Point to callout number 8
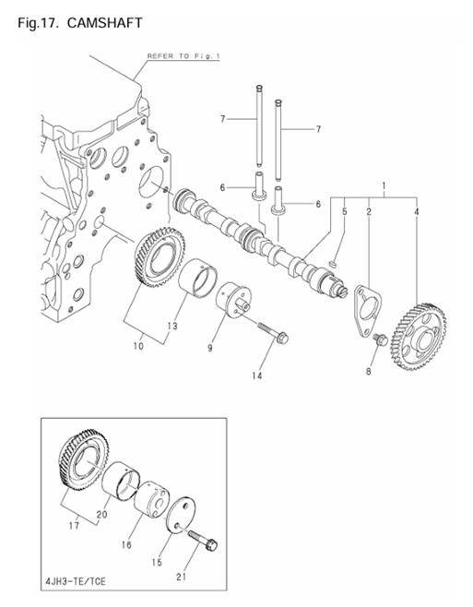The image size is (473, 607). [369, 372]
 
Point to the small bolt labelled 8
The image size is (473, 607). [379, 340]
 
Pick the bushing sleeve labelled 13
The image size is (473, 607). [200, 280]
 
